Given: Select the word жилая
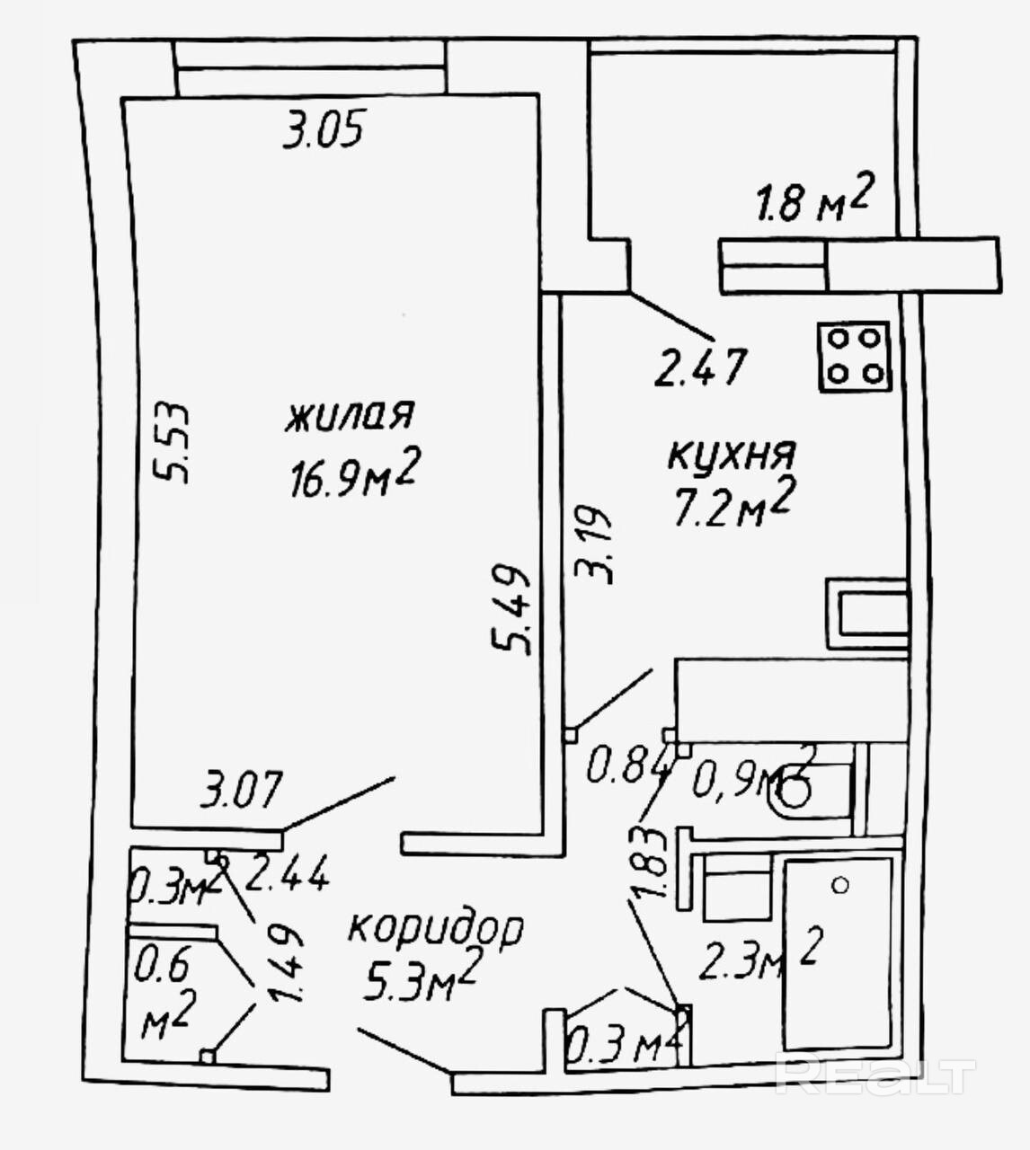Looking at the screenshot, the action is point(350,415).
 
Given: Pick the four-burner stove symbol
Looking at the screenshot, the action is point(854,356).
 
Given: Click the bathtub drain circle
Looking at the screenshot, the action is point(840,885).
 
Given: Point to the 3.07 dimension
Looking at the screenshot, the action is point(242,791).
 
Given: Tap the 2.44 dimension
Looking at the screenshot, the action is point(287,874).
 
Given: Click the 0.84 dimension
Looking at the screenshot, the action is point(628,768).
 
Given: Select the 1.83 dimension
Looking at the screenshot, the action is point(653,861).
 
